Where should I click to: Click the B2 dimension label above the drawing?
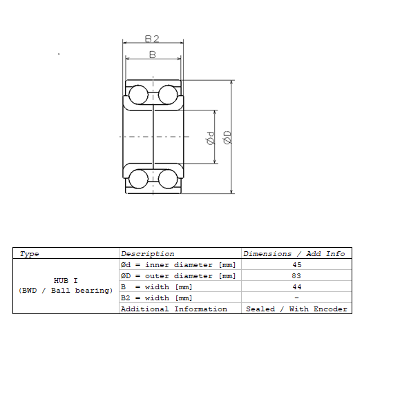click(152, 39)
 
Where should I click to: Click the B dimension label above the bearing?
click(153, 55)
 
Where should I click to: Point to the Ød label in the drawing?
click(211, 138)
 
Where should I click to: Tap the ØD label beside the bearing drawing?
click(227, 137)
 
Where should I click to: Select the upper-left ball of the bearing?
click(138, 95)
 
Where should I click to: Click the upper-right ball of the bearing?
click(168, 95)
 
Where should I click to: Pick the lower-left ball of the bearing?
click(138, 179)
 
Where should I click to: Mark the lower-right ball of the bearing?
click(168, 179)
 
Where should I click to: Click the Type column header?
click(29, 254)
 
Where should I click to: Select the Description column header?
click(148, 254)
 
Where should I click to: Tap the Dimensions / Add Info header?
click(294, 254)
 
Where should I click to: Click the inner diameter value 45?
click(297, 264)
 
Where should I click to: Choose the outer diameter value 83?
click(296, 275)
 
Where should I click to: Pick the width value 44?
click(297, 287)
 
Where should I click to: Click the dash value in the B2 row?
click(296, 298)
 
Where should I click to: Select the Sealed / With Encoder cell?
click(296, 309)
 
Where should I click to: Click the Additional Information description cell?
click(174, 309)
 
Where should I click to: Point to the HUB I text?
click(66, 281)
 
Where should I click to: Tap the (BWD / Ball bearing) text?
click(66, 291)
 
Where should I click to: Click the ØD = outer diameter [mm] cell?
click(178, 276)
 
